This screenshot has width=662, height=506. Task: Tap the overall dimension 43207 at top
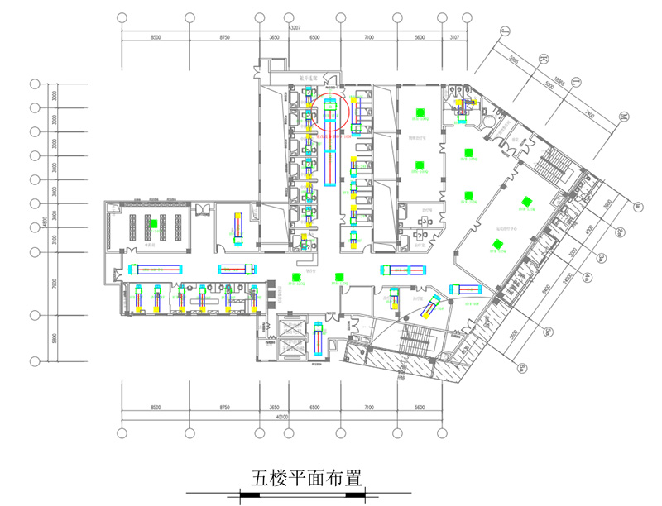click(x=292, y=28)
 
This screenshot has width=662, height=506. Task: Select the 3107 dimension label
click(x=454, y=38)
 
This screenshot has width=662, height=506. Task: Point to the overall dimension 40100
click(x=282, y=418)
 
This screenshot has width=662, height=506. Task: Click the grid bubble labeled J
click(x=504, y=32)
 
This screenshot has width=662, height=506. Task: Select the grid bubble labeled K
click(x=544, y=58)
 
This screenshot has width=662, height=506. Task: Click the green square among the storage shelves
click(x=153, y=223)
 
